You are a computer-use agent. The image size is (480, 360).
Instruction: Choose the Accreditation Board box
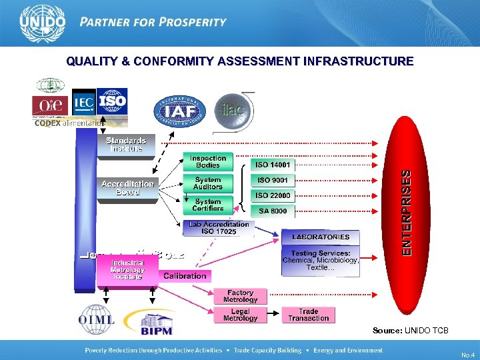(127, 187)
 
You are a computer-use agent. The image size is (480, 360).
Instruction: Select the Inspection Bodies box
(208, 162)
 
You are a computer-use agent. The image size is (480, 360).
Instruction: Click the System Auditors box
(208, 183)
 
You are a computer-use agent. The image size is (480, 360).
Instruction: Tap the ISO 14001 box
(273, 164)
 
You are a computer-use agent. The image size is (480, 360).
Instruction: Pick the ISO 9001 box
(273, 179)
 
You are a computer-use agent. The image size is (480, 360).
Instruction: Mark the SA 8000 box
(273, 211)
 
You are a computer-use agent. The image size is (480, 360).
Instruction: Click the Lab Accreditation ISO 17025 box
(218, 228)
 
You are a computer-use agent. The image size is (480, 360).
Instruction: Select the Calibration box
(185, 275)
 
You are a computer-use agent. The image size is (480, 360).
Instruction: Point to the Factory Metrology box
(240, 296)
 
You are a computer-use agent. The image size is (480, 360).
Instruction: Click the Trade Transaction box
(308, 315)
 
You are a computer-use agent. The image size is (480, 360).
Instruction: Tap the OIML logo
(97, 320)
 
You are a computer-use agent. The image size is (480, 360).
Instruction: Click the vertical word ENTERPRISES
(406, 212)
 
